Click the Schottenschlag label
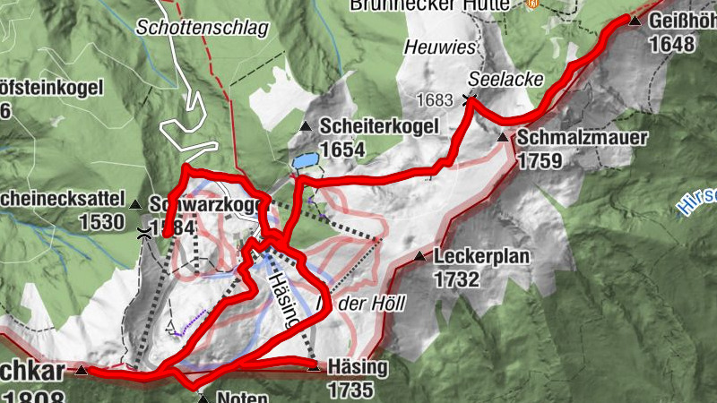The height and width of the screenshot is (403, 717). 202,28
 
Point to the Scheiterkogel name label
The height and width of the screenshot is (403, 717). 379,127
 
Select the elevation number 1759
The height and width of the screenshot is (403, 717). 540,161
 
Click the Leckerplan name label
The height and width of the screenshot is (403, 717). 481,257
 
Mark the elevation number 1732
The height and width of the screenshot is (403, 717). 457,279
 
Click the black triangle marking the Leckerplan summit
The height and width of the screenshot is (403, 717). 419,257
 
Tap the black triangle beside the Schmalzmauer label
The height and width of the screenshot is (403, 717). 503,138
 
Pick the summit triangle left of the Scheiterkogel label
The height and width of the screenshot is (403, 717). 305,127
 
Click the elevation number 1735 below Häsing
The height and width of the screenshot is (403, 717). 350,390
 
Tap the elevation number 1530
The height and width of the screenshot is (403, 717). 101,220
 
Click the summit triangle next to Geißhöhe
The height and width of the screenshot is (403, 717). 635,21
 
